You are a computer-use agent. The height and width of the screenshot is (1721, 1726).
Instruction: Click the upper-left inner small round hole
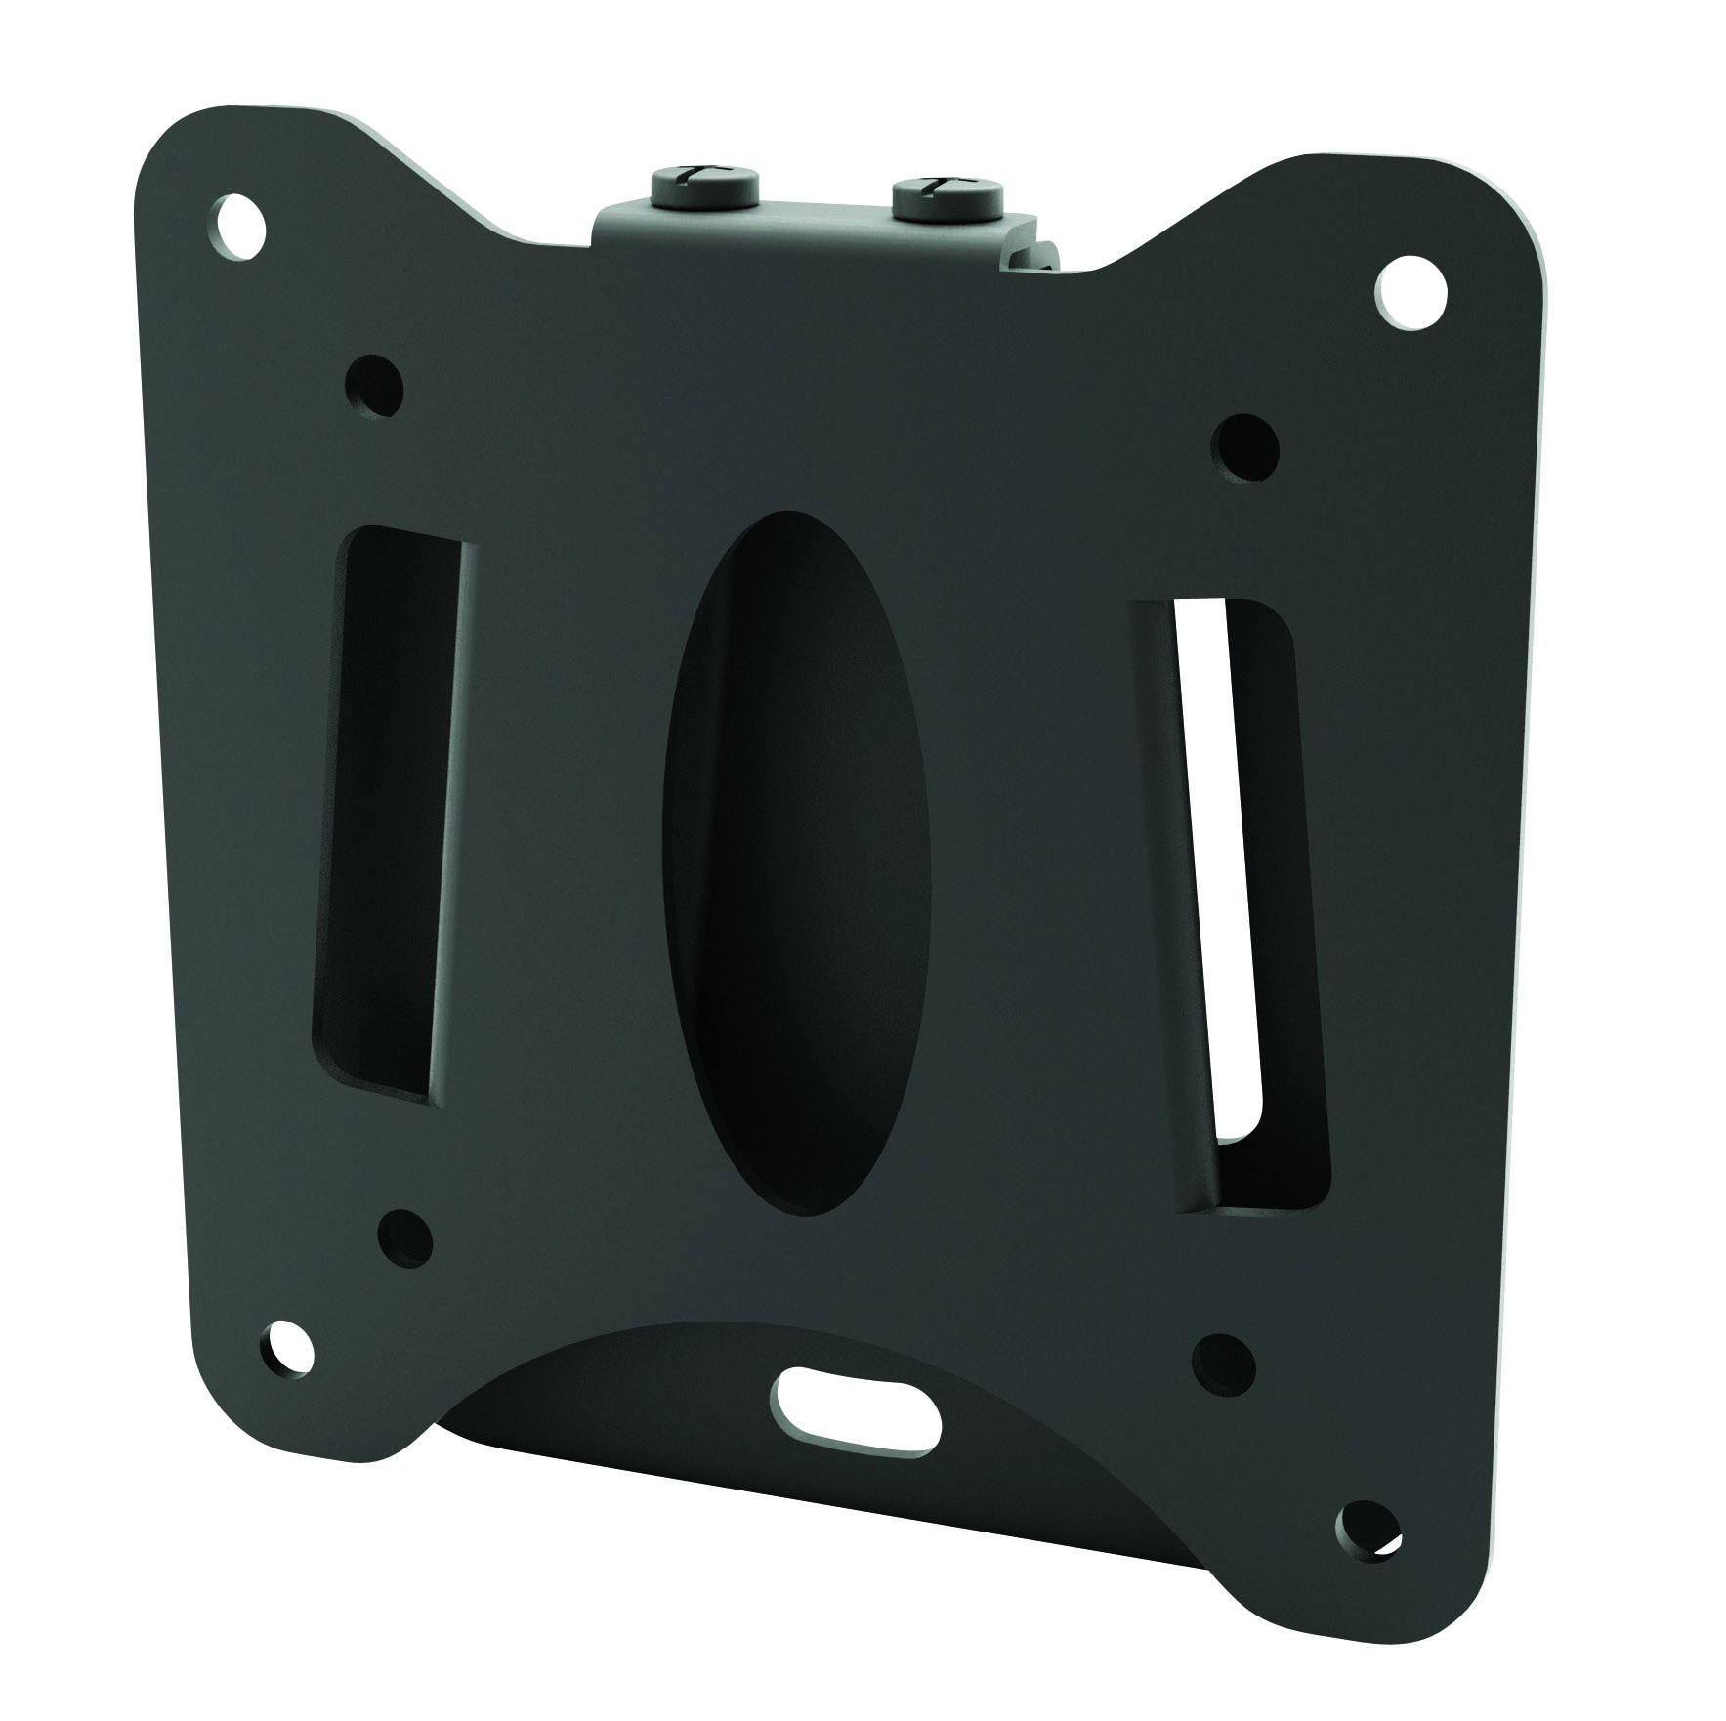click(375, 384)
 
